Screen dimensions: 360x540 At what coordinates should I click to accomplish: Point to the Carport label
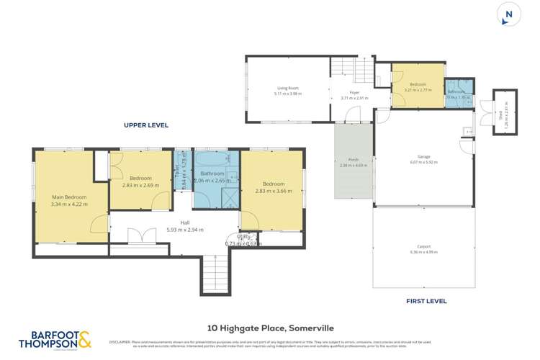423,246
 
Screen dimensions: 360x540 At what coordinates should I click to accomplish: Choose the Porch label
354,160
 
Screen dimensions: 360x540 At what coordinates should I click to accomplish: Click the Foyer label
354,92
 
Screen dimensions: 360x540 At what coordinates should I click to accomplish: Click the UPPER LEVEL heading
146,125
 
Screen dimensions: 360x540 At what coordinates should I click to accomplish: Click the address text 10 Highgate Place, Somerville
269,328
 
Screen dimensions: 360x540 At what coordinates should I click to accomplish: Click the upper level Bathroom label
212,174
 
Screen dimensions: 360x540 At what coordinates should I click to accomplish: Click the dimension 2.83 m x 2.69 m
140,185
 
